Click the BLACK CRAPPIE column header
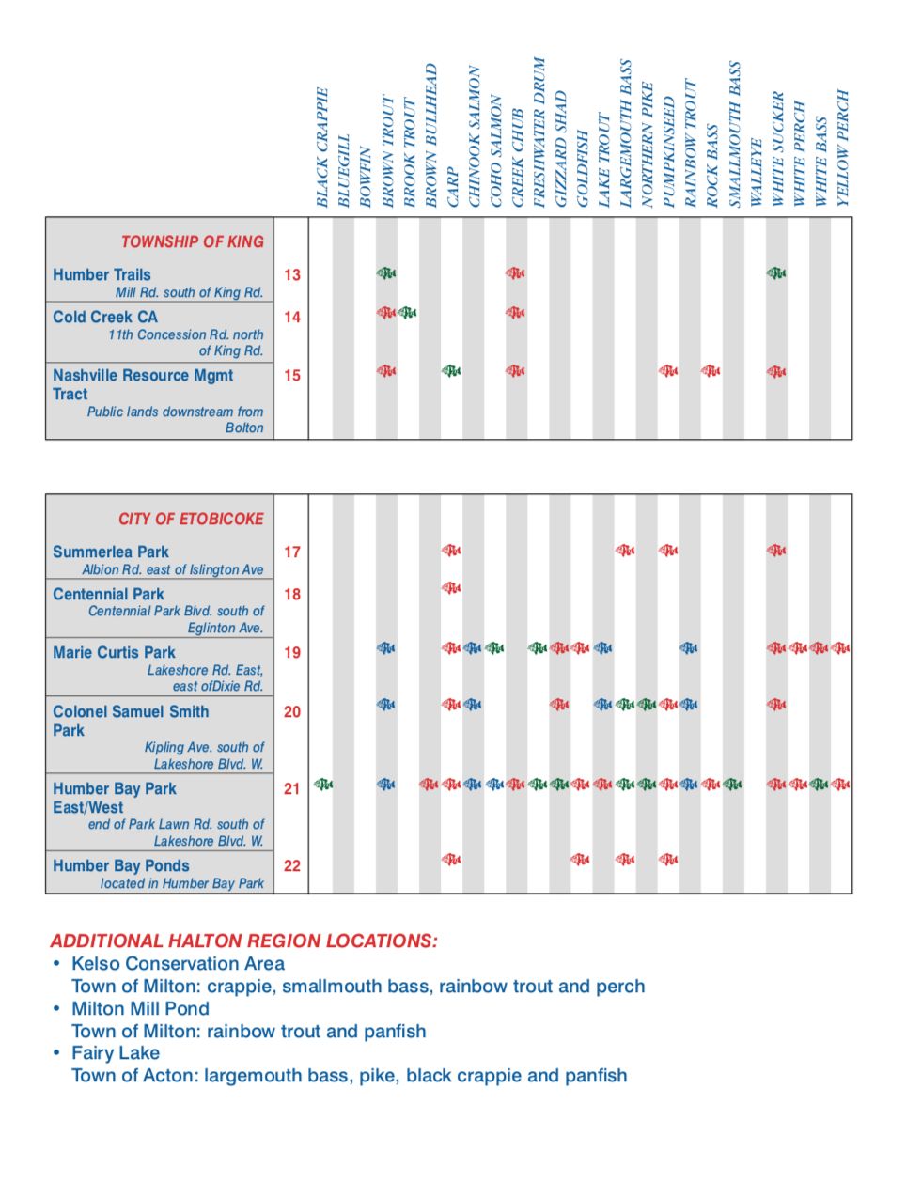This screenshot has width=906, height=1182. pos(322,148)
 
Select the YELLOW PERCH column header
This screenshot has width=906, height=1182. pos(842,148)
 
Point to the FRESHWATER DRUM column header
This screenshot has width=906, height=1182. pos(539,132)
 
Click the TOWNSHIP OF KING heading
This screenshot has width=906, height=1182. pos(192,241)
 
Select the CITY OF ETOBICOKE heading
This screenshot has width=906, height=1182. pos(191,519)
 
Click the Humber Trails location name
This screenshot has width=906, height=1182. pos(102,274)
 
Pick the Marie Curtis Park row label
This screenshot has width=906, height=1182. pos(114,652)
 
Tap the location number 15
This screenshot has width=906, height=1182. pos(292,375)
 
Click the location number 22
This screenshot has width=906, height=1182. pos(292,865)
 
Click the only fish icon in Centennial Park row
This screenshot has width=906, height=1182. pos(451,588)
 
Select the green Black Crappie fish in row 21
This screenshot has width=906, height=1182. pos(322,784)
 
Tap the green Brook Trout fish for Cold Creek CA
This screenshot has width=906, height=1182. pos(407,312)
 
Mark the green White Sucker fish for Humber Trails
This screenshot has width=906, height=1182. pos(776,273)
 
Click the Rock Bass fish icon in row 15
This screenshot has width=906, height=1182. pos(711,371)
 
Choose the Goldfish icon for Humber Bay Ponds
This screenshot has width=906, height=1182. pos(581,859)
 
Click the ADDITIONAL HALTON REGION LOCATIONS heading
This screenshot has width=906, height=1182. pos(243,941)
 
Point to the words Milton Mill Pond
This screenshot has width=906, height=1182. pos(140,1008)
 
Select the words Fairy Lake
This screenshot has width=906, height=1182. pos(116,1053)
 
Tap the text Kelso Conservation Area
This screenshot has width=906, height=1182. pos(178,963)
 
